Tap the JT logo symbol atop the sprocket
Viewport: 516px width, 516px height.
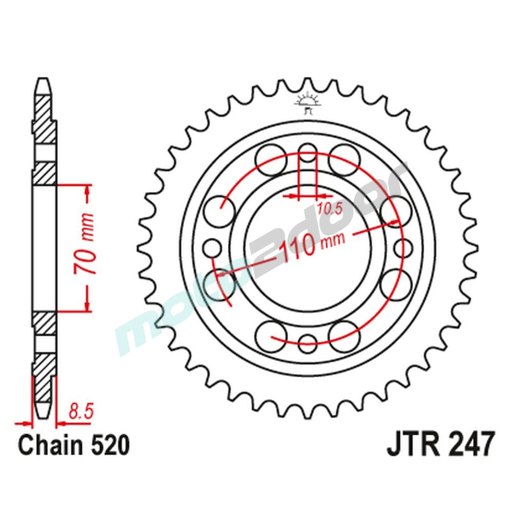(308, 103)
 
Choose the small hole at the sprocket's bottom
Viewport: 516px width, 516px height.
(308, 341)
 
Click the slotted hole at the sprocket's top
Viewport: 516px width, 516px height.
(308, 155)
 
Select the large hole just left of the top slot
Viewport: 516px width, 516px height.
(272, 154)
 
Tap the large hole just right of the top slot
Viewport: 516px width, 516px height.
(344, 154)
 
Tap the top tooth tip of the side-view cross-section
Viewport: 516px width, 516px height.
(44, 83)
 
